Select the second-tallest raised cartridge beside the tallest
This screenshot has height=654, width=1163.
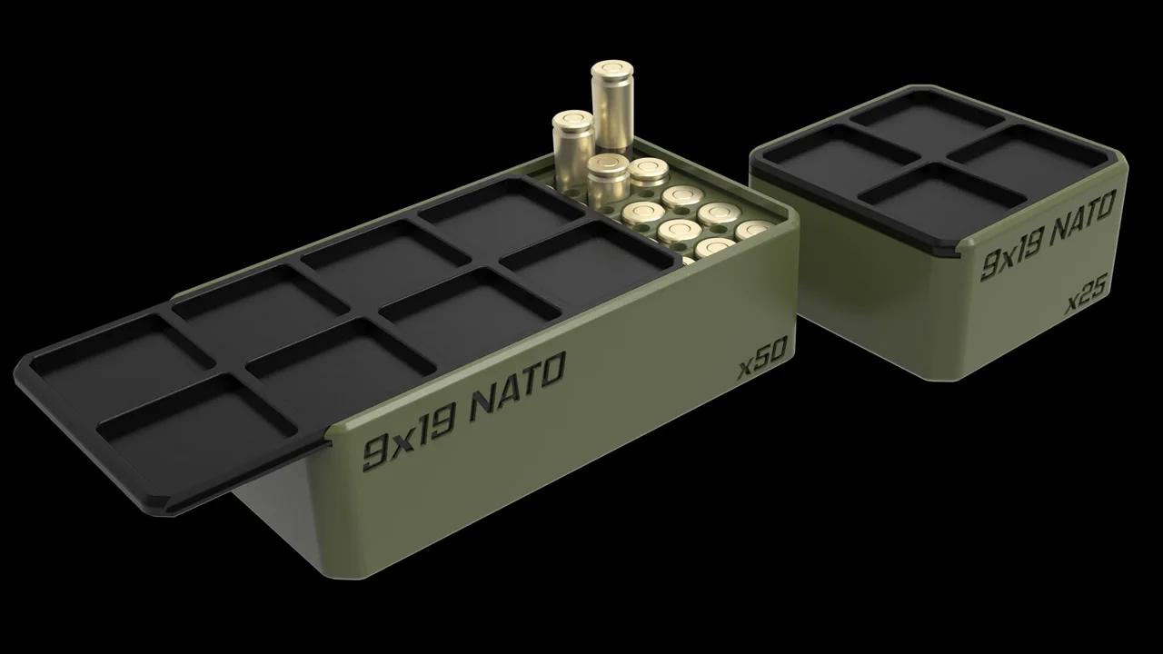pos(573,141)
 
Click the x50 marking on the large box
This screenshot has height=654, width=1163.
pos(761,364)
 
